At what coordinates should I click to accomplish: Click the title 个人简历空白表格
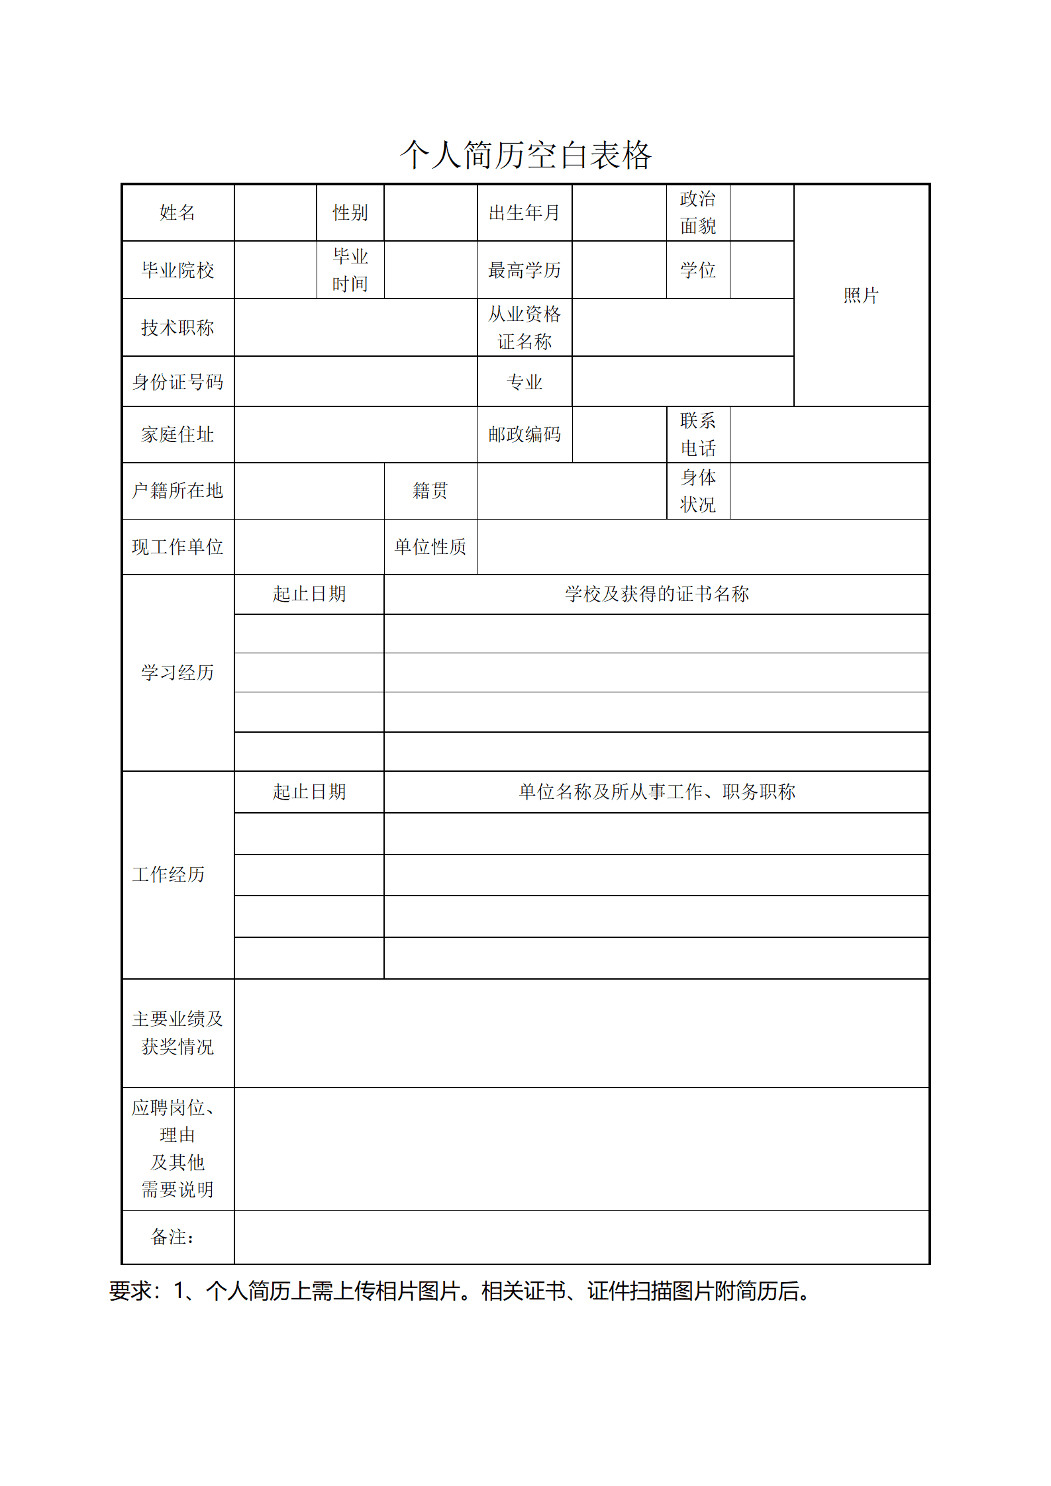point(525,155)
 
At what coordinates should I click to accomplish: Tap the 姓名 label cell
point(177,212)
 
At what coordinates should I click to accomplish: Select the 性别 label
point(350,212)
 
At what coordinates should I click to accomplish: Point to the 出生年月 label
point(524,212)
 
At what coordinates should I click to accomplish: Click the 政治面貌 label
point(697,212)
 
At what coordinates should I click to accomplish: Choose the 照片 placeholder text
point(860,295)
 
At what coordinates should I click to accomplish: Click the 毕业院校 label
point(177,270)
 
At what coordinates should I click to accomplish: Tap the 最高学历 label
point(524,270)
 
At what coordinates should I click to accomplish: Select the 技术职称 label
point(177,328)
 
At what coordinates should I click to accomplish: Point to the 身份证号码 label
point(177,382)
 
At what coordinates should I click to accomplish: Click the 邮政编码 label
point(524,434)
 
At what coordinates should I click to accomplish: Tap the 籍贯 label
point(430,490)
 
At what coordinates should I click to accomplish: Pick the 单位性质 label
point(430,547)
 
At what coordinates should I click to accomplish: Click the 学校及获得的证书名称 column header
point(656,594)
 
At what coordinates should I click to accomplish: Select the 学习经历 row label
point(177,673)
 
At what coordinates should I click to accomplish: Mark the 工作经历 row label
point(168,874)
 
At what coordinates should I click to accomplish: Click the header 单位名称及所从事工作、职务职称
point(656,792)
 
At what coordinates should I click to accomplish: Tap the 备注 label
point(172,1237)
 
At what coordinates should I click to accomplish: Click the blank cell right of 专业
point(682,382)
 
